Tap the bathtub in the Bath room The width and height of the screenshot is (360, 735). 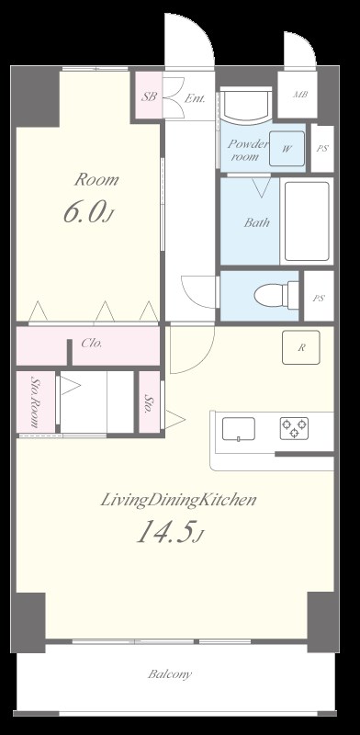point(307,220)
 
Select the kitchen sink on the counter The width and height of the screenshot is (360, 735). point(239,429)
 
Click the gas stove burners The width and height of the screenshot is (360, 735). point(295,428)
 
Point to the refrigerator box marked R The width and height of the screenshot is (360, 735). point(301,347)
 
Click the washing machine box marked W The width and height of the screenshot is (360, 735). point(287,149)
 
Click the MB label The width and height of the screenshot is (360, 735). point(300,95)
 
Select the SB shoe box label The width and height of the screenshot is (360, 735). point(149,97)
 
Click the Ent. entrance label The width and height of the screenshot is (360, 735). point(195,98)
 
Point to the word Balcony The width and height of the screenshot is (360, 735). point(170,674)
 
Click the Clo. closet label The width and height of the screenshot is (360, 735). point(92,343)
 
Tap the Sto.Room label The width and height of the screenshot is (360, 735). point(34,401)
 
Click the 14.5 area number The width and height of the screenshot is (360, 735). point(164,532)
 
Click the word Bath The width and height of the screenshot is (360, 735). point(257,222)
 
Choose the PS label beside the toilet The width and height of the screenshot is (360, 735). point(319,298)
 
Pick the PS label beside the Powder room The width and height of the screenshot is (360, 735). point(322,149)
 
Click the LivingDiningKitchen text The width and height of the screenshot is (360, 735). point(178,500)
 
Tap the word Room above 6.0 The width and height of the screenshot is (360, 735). point(96,179)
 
